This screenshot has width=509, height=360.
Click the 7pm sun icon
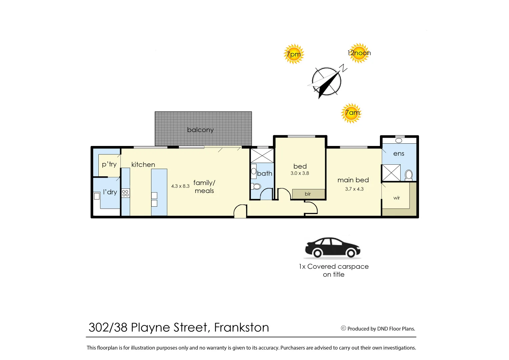pyautogui.click(x=294, y=54)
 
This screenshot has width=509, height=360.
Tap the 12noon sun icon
pyautogui.click(x=359, y=53)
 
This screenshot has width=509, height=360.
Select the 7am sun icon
pyautogui.click(x=351, y=113)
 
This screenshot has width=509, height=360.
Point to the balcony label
pyautogui.click(x=200, y=130)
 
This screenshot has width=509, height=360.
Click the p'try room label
pyautogui.click(x=109, y=164)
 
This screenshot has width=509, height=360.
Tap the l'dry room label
pyautogui.click(x=110, y=192)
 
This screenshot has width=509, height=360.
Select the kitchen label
pyautogui.click(x=143, y=165)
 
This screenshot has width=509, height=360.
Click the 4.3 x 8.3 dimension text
pyautogui.click(x=180, y=186)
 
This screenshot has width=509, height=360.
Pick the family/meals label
pyautogui.click(x=204, y=187)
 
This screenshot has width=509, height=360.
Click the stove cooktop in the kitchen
pyautogui.click(x=125, y=193)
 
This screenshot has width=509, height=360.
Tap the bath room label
pyautogui.click(x=265, y=173)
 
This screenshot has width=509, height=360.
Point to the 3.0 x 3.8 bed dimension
pyautogui.click(x=300, y=173)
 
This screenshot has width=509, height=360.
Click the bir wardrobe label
pyautogui.click(x=308, y=194)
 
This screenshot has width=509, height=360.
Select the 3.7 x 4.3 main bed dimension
pyautogui.click(x=354, y=189)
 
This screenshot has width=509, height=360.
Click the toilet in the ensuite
pyautogui.click(x=409, y=175)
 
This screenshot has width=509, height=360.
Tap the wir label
pyautogui.click(x=396, y=198)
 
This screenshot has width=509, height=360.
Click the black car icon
pyautogui.click(x=333, y=248)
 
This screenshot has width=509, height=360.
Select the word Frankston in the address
pyautogui.click(x=241, y=328)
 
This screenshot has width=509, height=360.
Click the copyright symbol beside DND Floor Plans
pyautogui.click(x=343, y=328)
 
